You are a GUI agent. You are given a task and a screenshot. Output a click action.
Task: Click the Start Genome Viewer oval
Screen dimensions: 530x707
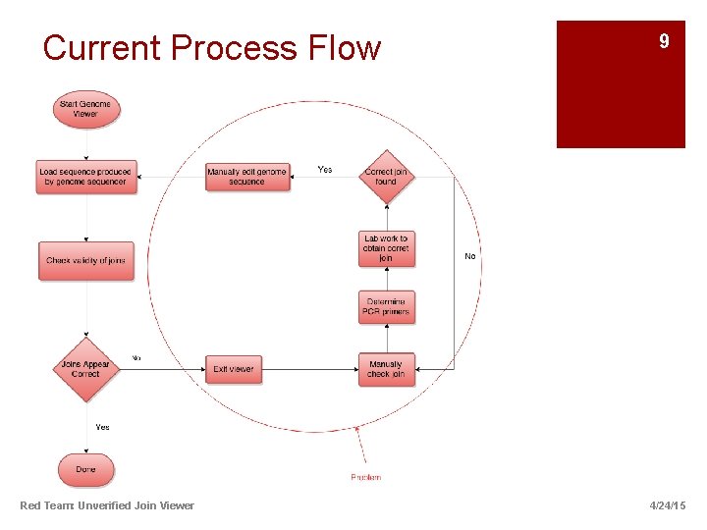[x=86, y=109]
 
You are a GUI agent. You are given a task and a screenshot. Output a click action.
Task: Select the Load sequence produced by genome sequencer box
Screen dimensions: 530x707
[x=86, y=177]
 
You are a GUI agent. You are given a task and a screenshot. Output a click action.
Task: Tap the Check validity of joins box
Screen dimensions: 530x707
[x=86, y=260]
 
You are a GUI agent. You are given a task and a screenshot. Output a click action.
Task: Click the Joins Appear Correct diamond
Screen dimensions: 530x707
[x=86, y=369]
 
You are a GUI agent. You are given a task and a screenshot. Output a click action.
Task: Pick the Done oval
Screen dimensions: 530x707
[x=86, y=469]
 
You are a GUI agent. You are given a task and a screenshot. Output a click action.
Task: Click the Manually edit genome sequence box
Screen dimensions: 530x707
[x=247, y=177]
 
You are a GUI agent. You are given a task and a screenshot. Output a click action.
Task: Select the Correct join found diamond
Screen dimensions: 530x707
[x=386, y=177]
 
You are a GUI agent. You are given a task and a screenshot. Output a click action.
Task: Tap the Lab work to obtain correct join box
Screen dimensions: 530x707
[x=386, y=248]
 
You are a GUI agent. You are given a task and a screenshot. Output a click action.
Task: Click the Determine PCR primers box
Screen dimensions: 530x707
[x=386, y=306]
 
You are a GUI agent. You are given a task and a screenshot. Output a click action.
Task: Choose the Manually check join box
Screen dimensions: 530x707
[x=386, y=369]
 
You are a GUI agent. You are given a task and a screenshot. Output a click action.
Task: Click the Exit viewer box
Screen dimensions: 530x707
[x=234, y=369]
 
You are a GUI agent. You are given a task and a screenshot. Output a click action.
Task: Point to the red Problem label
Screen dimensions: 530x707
[x=366, y=477]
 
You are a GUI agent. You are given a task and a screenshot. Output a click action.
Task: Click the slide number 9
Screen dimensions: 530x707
[x=665, y=41]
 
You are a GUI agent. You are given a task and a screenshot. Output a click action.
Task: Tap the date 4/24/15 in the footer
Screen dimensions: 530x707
[x=668, y=505]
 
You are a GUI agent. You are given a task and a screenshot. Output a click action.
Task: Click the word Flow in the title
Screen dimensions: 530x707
[x=343, y=48]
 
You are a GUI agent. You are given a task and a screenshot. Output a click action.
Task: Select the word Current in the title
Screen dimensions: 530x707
[x=102, y=48]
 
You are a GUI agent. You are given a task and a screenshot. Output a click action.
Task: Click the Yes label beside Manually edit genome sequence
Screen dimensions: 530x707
[x=325, y=170]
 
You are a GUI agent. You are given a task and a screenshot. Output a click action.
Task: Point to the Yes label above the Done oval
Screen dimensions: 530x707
[x=103, y=427]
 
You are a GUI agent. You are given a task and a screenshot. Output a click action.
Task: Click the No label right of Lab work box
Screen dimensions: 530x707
[x=469, y=256]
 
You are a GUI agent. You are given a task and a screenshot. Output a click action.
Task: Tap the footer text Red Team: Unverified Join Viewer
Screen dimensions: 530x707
[x=107, y=505]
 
